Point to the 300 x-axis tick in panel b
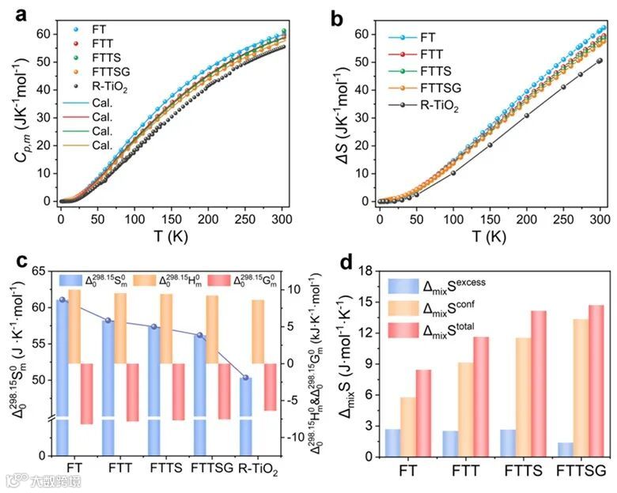pos(599,216)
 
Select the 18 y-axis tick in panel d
pos(365,271)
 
